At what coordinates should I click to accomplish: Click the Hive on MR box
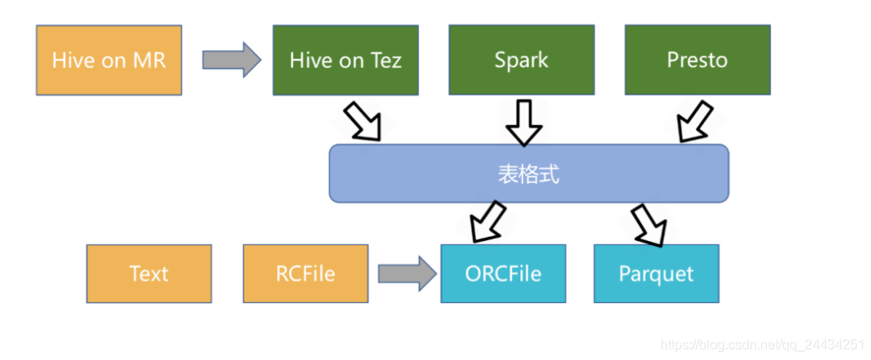[108, 60]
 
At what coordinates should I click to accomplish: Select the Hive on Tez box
[345, 60]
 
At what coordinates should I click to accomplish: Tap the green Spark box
[521, 60]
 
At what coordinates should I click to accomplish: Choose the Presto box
[696, 60]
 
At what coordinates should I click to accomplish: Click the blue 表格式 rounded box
[528, 174]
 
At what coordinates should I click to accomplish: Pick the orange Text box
[149, 274]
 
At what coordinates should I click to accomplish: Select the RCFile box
[305, 274]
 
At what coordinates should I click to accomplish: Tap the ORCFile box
[503, 274]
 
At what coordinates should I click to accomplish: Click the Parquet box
[656, 274]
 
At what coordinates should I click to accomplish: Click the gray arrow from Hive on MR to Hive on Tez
[232, 60]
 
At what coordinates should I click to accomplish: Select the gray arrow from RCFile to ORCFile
[407, 274]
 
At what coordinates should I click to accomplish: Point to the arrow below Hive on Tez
[362, 121]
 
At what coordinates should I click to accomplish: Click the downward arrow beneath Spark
[524, 121]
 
